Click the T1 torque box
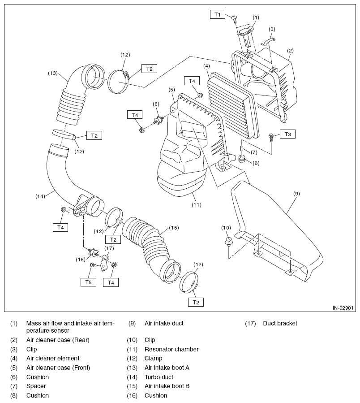tap(218, 14)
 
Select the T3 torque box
tap(288, 134)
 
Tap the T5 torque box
tap(88, 282)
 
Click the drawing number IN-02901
tap(343, 308)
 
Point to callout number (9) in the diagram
tap(296, 194)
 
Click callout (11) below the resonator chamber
tap(197, 205)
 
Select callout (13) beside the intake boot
tap(53, 73)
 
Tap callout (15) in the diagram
tap(174, 228)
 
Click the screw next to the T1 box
tap(235, 19)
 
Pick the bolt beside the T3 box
tap(270, 136)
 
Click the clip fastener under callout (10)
tap(228, 242)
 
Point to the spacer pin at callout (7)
tap(242, 148)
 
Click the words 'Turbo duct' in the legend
tap(159, 377)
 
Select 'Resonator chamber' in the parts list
tap(171, 349)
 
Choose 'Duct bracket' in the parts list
tap(280, 323)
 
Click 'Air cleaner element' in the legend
tap(53, 358)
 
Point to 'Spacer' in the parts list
tap(36, 386)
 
